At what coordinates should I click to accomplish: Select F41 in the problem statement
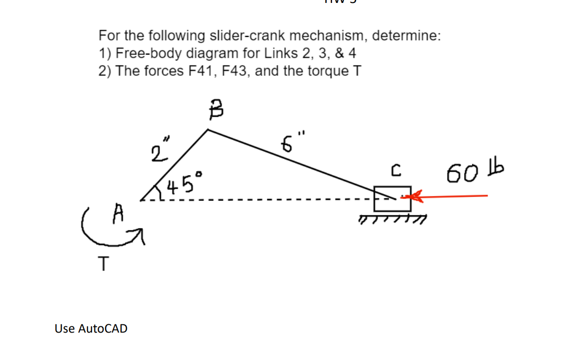(x=202, y=71)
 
